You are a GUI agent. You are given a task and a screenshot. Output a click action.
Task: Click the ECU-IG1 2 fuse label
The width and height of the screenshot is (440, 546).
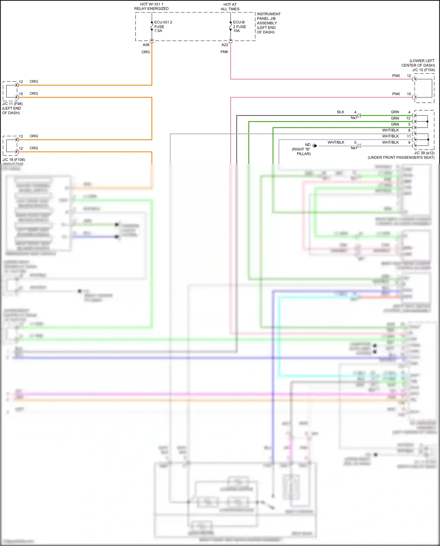click(163, 26)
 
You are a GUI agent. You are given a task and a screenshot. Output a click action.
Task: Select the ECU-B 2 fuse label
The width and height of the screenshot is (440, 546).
click(239, 26)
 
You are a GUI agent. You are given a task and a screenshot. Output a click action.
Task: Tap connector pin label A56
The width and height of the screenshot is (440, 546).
click(146, 45)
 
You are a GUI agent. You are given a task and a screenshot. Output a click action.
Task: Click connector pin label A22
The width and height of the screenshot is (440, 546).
click(225, 45)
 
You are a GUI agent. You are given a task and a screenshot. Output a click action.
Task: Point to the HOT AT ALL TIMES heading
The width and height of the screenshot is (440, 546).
click(230, 7)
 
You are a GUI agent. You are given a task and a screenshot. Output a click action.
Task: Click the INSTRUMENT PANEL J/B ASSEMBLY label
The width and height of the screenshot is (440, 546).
click(268, 23)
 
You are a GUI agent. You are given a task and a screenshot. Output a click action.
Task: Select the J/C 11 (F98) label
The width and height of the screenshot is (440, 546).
click(12, 104)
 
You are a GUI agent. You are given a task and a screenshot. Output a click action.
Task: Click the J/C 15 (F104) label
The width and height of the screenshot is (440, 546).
click(423, 70)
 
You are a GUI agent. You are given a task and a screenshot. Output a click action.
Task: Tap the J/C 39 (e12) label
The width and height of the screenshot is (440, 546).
click(424, 153)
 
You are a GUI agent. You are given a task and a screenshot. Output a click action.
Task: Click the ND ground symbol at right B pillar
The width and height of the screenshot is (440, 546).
click(314, 146)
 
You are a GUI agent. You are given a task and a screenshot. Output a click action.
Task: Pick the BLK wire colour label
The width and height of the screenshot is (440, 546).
click(341, 112)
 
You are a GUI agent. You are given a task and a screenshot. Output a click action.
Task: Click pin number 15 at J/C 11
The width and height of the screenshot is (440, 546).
click(21, 94)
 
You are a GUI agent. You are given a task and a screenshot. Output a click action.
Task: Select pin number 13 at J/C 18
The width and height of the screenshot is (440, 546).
click(21, 136)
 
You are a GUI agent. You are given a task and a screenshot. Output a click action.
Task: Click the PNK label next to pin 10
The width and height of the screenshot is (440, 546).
click(396, 94)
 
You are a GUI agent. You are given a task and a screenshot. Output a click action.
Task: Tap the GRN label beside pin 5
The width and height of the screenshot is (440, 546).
click(395, 124)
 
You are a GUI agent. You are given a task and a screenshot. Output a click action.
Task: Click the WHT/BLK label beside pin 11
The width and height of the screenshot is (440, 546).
click(390, 136)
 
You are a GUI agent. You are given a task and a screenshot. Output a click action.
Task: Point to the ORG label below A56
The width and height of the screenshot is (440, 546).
click(146, 52)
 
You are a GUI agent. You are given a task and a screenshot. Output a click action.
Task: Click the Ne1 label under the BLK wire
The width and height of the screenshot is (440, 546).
click(354, 118)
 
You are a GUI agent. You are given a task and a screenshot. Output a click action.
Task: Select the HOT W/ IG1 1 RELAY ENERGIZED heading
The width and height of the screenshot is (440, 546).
click(151, 6)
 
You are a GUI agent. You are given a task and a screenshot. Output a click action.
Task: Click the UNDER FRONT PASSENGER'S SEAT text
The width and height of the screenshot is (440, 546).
click(401, 158)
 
